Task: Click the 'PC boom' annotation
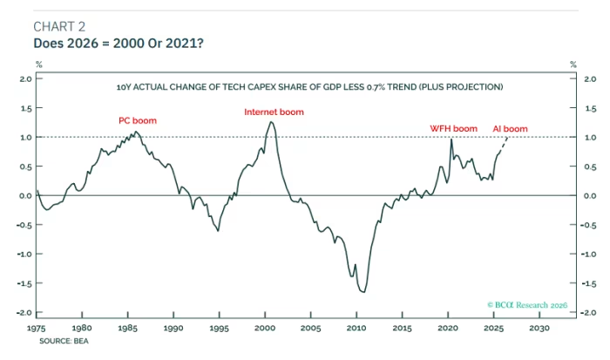[138, 120]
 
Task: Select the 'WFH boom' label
[454, 128]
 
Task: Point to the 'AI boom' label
[510, 128]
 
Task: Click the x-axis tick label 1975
[37, 329]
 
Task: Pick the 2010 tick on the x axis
[357, 329]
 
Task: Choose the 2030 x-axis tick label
[539, 329]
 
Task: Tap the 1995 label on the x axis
[220, 329]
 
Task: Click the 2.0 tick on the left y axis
[25, 79]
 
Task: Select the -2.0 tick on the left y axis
[24, 313]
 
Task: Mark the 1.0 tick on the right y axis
[590, 138]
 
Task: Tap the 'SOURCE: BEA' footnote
[64, 341]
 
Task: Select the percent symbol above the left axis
[37, 64]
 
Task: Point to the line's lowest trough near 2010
[363, 292]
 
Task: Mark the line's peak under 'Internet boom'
[272, 121]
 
